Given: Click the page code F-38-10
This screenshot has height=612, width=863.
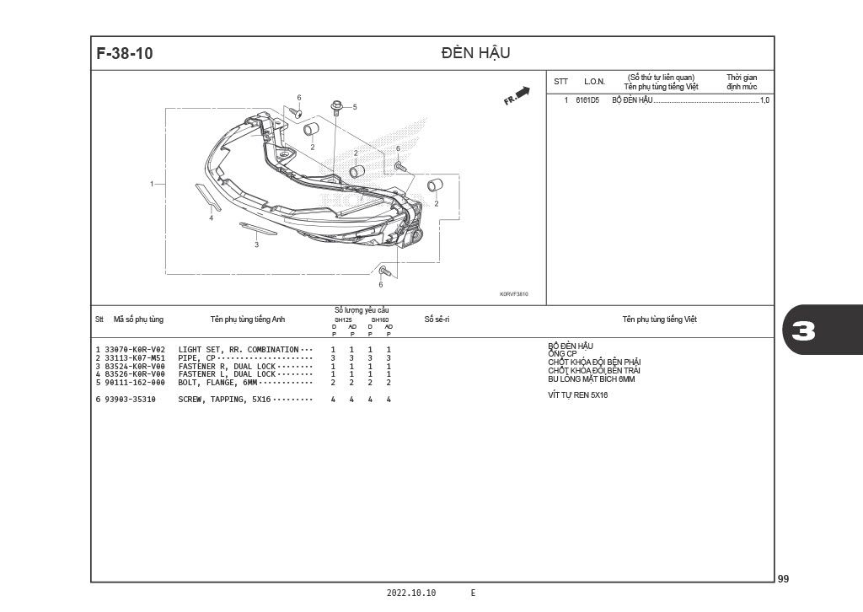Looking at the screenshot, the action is point(125,53).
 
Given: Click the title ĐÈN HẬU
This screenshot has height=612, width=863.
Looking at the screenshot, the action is point(475,52).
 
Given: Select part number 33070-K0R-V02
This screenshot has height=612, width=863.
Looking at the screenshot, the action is point(135,350).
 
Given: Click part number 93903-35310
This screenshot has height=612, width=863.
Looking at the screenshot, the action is point(130,400).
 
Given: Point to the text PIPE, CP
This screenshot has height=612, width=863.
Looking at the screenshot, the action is point(196,358).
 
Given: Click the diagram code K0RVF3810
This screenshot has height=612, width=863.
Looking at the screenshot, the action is point(513,294).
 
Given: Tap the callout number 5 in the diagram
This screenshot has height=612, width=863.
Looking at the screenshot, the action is point(355,107).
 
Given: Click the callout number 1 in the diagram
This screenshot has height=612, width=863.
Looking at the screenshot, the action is point(152,184).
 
